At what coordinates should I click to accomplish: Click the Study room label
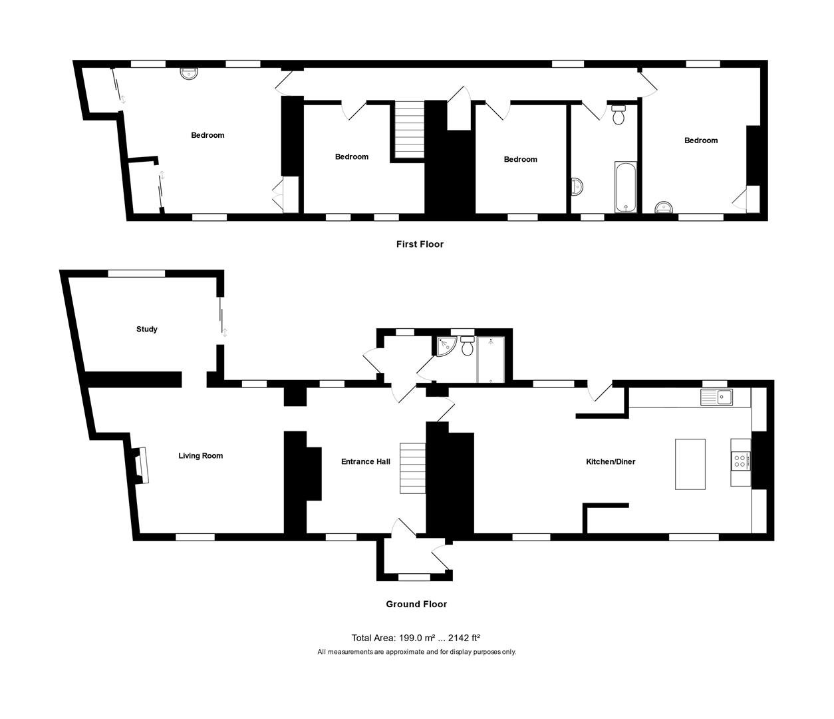point(146,329)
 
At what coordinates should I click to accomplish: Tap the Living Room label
point(200,456)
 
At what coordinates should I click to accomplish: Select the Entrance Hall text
point(365,461)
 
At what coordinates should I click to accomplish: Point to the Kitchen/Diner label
point(610,461)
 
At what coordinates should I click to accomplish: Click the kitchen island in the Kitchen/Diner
point(690,464)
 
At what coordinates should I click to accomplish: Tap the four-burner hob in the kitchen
point(741,461)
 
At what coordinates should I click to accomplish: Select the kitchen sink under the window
point(716,398)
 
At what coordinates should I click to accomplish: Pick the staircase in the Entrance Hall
point(412,469)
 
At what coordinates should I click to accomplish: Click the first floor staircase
point(410,130)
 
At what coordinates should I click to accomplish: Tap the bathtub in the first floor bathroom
point(626,187)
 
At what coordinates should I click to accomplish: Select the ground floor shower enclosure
point(491,360)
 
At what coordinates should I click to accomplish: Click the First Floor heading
point(420,244)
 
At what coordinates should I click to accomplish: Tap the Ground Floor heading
point(416,604)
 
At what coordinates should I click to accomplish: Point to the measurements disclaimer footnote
point(416,652)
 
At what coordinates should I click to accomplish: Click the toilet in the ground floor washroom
point(467,345)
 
